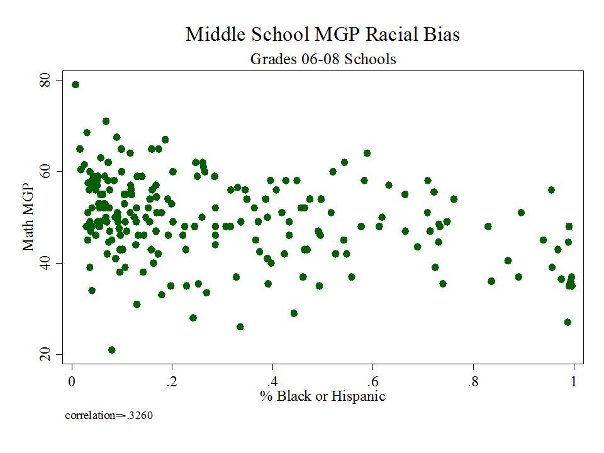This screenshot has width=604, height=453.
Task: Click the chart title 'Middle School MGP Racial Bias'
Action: tap(322, 35)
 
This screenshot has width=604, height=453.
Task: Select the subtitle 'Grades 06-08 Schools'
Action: tap(323, 59)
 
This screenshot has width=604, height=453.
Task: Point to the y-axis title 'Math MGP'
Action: tap(28, 218)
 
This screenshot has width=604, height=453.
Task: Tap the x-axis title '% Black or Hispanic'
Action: tap(323, 396)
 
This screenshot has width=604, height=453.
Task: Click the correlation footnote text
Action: tap(109, 416)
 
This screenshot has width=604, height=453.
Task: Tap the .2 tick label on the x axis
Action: tap(170, 381)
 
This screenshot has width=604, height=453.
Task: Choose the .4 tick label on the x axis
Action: tap(271, 381)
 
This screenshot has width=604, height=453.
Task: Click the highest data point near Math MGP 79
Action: tap(75, 84)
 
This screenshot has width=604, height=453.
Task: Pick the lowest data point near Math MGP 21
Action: tap(112, 350)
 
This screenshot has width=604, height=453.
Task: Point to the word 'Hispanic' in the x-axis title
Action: tap(360, 396)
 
